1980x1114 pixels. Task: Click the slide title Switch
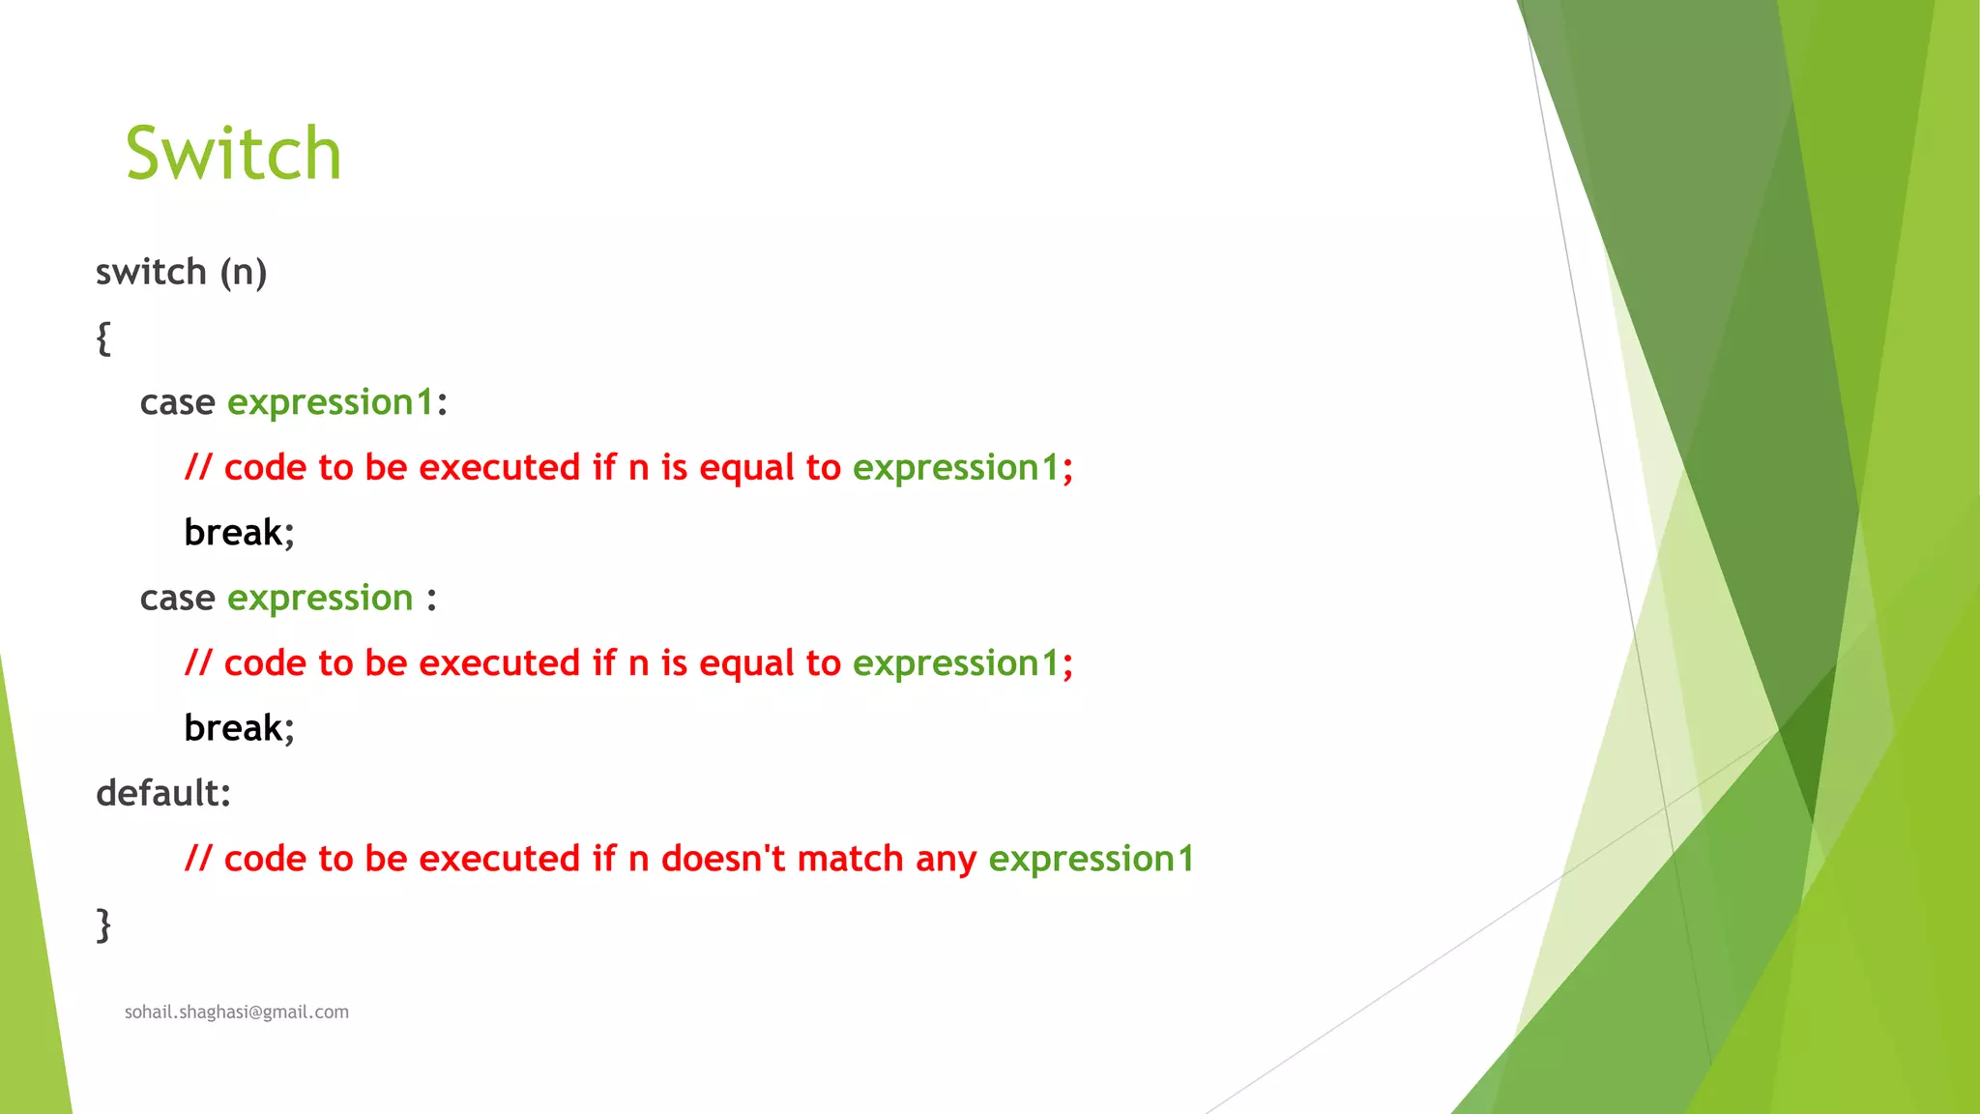click(233, 155)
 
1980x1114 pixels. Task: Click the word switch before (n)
click(151, 272)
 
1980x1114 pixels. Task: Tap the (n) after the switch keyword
click(243, 273)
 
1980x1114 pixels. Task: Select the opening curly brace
click(103, 337)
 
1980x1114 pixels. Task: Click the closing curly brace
click(103, 924)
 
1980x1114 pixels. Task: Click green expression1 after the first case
click(331, 402)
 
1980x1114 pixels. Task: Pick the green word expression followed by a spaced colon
click(320, 599)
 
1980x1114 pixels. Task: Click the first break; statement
click(239, 533)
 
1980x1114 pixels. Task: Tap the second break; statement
click(239, 728)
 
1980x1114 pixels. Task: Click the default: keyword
click(163, 793)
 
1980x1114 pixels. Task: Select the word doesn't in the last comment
click(722, 859)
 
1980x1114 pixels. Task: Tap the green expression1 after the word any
click(1091, 859)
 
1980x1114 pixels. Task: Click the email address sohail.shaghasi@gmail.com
click(237, 1012)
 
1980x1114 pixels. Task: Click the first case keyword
click(177, 402)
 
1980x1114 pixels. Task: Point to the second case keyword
click(177, 599)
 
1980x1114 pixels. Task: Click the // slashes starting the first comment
click(197, 468)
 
